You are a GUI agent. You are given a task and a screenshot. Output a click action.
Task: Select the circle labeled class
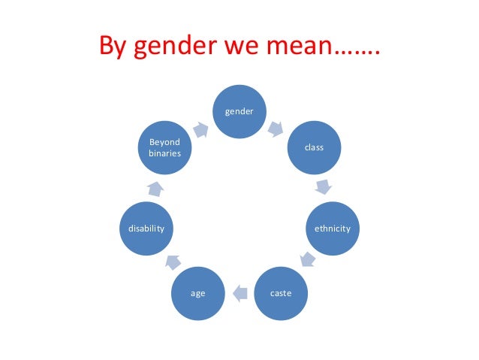pyautogui.click(x=314, y=147)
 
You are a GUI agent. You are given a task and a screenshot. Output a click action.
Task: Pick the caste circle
pyautogui.click(x=281, y=292)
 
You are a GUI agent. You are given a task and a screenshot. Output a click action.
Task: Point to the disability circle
pyautogui.click(x=147, y=228)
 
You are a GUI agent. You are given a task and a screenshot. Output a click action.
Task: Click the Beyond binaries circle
pyautogui.click(x=165, y=147)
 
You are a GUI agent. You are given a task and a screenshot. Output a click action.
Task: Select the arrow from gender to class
pyautogui.click(x=276, y=129)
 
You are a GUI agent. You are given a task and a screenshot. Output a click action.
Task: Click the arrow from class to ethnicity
pyautogui.click(x=324, y=186)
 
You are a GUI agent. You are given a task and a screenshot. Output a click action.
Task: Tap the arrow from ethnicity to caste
pyautogui.click(x=307, y=261)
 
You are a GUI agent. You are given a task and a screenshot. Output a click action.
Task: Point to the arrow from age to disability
pyautogui.click(x=172, y=260)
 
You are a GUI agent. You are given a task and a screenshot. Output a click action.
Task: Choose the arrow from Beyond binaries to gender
pyautogui.click(x=200, y=129)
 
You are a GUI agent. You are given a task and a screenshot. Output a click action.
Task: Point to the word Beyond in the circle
pyautogui.click(x=165, y=141)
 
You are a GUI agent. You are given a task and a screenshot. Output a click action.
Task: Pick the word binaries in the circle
pyautogui.click(x=165, y=153)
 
